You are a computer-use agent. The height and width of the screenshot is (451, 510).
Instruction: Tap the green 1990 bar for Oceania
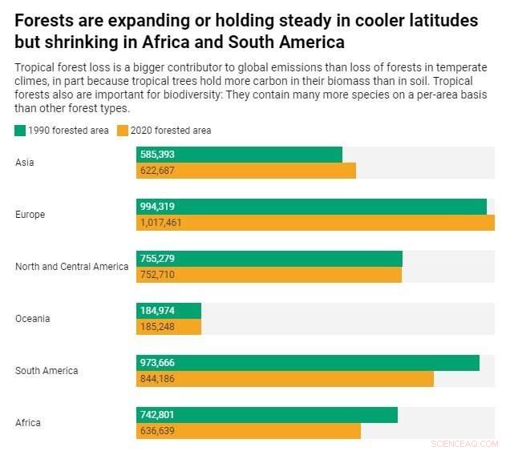click(168, 311)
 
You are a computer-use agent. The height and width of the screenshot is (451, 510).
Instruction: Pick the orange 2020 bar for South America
click(285, 379)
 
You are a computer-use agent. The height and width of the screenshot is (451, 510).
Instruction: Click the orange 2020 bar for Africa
click(249, 431)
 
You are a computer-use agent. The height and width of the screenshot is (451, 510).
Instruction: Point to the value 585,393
click(157, 155)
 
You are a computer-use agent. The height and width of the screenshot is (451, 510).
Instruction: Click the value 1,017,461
click(160, 223)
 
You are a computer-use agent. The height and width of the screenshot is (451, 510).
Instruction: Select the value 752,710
click(157, 275)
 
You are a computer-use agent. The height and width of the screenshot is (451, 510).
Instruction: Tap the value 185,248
click(157, 327)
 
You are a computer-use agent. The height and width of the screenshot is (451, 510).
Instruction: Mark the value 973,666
click(157, 363)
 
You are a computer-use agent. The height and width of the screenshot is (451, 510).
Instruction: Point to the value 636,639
click(157, 431)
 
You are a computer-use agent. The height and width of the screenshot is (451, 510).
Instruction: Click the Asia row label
click(25, 163)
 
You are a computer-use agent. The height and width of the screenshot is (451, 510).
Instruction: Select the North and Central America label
click(71, 267)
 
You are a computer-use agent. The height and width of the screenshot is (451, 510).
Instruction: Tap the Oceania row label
click(32, 319)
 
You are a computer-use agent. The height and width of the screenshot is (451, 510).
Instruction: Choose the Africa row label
click(28, 423)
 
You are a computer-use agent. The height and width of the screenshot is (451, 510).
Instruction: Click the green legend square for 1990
click(20, 131)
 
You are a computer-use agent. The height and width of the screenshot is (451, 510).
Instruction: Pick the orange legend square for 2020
click(123, 131)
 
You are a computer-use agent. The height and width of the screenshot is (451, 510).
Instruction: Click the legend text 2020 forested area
click(171, 131)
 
